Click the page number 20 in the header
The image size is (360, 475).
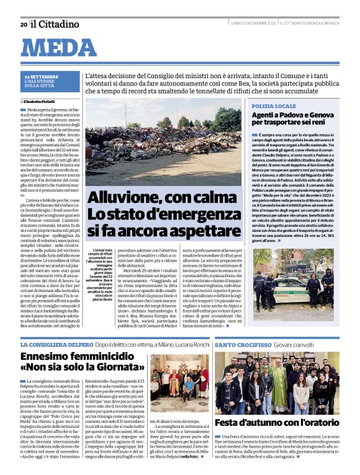[24, 24]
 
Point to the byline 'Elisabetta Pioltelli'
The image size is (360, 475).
[40, 101]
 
